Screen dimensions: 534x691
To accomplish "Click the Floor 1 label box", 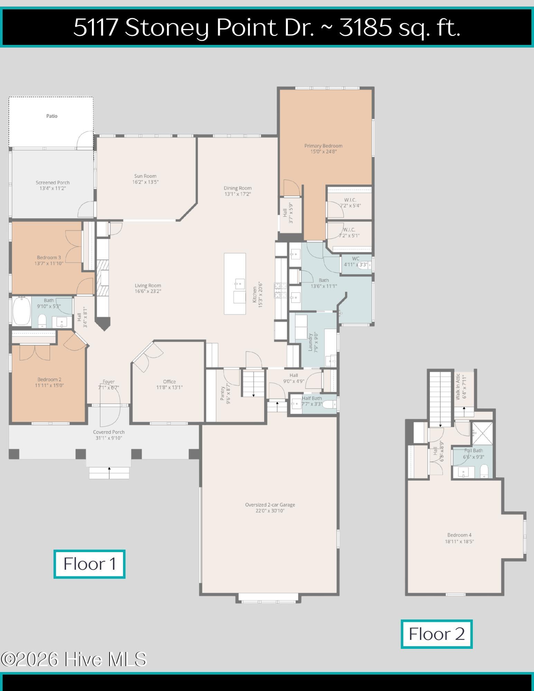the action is pos(89,564).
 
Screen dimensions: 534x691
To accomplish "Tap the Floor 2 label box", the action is pos(437,634).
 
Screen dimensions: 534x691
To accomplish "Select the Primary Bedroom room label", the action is pos(324,146).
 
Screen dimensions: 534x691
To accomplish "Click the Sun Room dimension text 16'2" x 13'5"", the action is pos(146,182).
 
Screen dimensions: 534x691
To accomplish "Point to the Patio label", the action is pos(52,116).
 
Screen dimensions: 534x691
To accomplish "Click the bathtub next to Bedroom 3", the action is pos(22,312).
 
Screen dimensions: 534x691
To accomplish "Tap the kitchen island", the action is pos(235,284).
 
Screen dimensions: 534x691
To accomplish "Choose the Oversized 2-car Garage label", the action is pos(270,505).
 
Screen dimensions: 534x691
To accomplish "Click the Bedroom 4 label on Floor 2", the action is pos(459,535).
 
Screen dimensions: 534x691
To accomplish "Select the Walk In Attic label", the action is pos(458,387).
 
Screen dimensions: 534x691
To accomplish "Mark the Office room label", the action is pos(169,381).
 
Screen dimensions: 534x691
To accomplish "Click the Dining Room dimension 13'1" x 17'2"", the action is pos(238,194).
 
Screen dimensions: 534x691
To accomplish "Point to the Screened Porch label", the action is pos(53,182).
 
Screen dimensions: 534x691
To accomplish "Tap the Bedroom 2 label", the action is pos(49,379).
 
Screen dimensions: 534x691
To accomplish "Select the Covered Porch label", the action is pos(109,432).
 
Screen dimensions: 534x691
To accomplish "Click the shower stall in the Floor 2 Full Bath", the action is pos(482,433).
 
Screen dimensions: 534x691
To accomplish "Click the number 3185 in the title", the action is pos(365,27).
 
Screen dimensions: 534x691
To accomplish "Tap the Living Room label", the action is pos(148,285).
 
